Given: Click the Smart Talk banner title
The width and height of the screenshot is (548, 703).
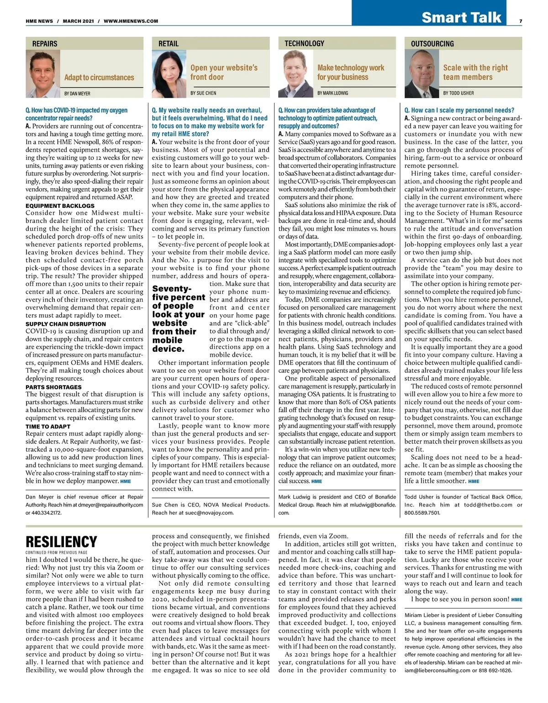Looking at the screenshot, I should (x=461, y=17).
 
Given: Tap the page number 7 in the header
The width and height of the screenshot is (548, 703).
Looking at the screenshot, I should (x=521, y=21).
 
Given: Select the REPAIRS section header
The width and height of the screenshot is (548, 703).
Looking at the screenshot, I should (x=45, y=44).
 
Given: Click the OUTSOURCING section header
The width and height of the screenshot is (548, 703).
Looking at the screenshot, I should (x=432, y=44).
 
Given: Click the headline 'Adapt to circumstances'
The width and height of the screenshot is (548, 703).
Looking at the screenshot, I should (x=99, y=78).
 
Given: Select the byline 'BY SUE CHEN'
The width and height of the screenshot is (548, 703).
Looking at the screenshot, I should (x=203, y=93).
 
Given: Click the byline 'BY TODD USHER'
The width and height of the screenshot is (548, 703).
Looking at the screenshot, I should (x=458, y=93).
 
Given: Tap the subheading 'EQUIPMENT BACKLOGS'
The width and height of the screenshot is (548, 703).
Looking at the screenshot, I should (x=60, y=206).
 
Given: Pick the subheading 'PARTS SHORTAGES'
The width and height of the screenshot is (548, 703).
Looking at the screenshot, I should (x=53, y=387).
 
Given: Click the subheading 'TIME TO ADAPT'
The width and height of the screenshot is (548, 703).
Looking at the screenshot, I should (x=48, y=427).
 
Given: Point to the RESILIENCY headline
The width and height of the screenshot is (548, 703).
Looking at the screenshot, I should (x=61, y=542).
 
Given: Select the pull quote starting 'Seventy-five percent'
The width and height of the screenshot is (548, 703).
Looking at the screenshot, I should (x=179, y=319).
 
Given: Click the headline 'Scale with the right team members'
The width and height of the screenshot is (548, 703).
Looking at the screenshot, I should (x=475, y=72).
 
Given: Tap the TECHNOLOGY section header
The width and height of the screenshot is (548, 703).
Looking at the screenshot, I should (x=304, y=44).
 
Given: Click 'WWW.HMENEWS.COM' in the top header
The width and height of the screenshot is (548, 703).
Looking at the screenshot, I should (x=131, y=21).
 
